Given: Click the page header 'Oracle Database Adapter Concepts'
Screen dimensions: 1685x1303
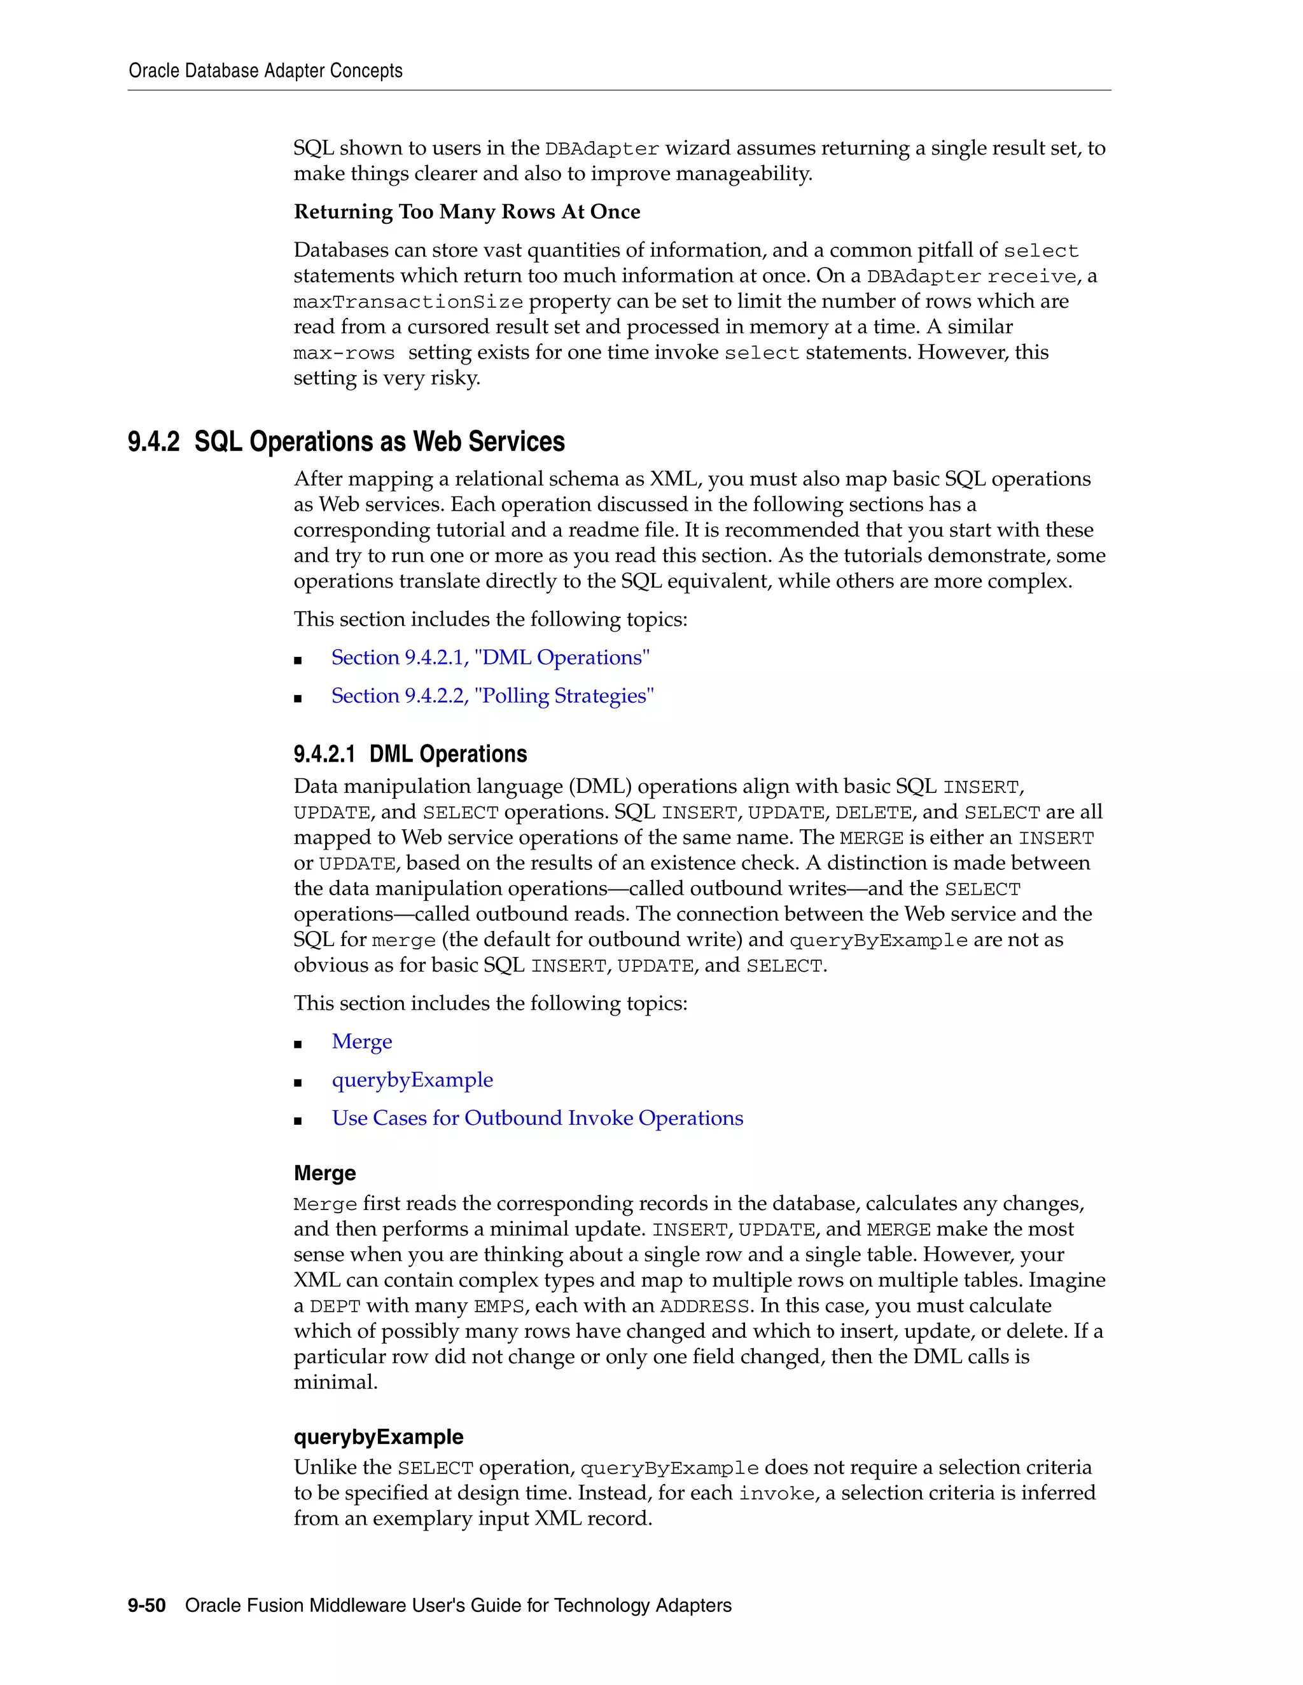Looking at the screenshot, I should pyautogui.click(x=265, y=71).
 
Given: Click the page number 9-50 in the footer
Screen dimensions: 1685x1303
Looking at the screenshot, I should pyautogui.click(x=147, y=1606).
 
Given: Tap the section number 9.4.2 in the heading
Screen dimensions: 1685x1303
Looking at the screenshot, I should pyautogui.click(x=153, y=442).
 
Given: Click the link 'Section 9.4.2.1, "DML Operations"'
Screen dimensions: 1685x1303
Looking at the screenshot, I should pyautogui.click(x=490, y=657).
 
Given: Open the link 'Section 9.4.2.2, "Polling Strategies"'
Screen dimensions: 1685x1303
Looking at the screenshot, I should pyautogui.click(x=492, y=696).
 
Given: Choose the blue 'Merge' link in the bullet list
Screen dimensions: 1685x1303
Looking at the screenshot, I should pyautogui.click(x=361, y=1042).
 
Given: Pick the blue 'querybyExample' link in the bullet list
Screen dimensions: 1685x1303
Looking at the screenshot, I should pyautogui.click(x=412, y=1080).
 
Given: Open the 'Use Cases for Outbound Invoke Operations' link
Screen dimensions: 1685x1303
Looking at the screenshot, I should pyautogui.click(x=537, y=1118).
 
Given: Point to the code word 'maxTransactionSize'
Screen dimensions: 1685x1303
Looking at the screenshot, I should pyautogui.click(x=408, y=301).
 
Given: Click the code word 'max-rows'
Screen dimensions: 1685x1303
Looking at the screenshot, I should pyautogui.click(x=344, y=354).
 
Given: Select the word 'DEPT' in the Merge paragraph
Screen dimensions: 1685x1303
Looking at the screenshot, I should pyautogui.click(x=335, y=1306).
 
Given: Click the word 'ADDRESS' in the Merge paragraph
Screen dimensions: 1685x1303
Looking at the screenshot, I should pyautogui.click(x=705, y=1306).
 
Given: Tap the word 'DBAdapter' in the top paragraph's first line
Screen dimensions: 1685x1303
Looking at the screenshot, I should pyautogui.click(x=601, y=149).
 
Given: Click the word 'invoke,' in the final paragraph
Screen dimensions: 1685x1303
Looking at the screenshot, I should pyautogui.click(x=777, y=1494).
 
